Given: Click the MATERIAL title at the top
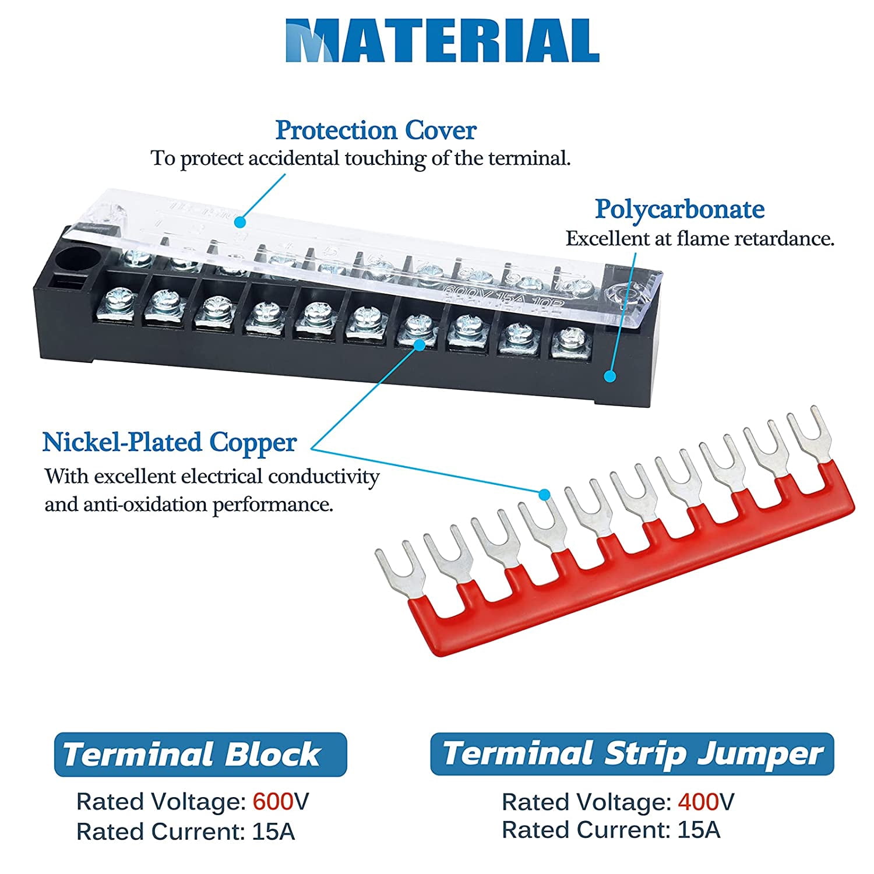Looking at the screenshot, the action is click(442, 41).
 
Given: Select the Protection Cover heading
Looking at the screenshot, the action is click(376, 130).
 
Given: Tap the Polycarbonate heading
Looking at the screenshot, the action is click(679, 209).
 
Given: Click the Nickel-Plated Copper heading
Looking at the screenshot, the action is click(170, 442).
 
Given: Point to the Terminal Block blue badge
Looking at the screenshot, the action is click(200, 755).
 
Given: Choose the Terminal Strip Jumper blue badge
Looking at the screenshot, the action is click(632, 754).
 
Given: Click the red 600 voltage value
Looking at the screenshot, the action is click(273, 802).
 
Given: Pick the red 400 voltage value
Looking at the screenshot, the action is click(698, 802).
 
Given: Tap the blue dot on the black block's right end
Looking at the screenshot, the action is click(610, 376).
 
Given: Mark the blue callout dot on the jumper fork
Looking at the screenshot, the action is click(544, 495).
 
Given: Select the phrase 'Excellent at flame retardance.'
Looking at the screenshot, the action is click(700, 238).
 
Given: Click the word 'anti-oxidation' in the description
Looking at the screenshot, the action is click(145, 503).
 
